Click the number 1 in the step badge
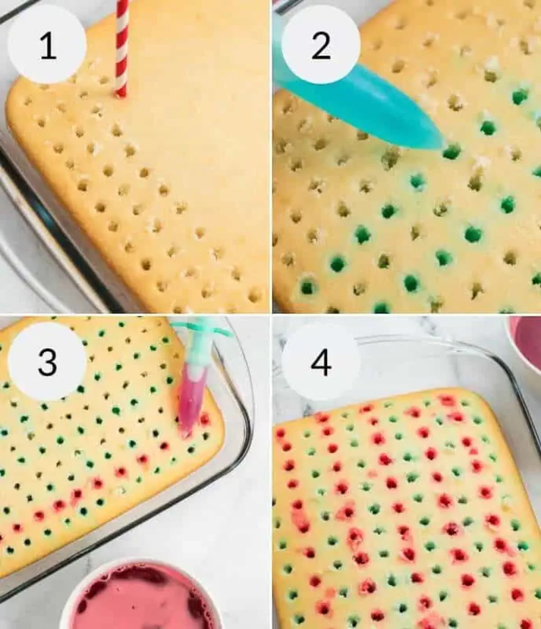pos(47,46)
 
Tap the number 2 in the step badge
pos(321,46)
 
